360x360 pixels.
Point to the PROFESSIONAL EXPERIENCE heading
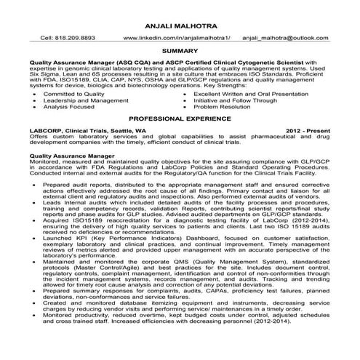[180, 117]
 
